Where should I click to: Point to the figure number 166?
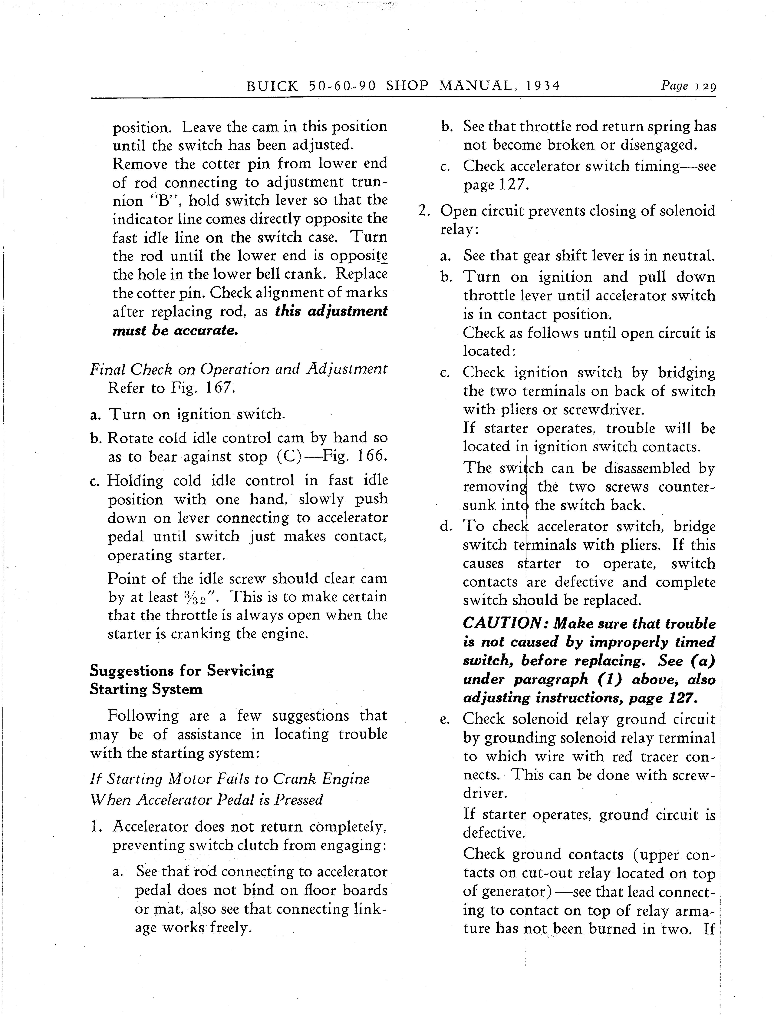pos(368,456)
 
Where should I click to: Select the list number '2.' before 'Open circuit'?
pos(424,211)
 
